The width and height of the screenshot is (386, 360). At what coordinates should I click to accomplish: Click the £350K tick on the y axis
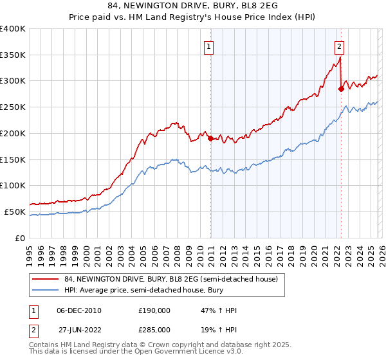pos(13,55)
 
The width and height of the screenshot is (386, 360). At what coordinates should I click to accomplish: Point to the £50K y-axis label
pos(15,212)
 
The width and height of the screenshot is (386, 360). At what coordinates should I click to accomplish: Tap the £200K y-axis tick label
pos(13,133)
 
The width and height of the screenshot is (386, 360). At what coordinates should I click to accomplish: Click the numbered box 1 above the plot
pos(210,46)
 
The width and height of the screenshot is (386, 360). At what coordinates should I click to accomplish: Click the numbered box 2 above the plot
pos(339,46)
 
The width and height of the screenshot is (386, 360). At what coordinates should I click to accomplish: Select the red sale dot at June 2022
pos(341,89)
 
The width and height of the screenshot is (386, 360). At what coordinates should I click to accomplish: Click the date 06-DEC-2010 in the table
pos(79,310)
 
